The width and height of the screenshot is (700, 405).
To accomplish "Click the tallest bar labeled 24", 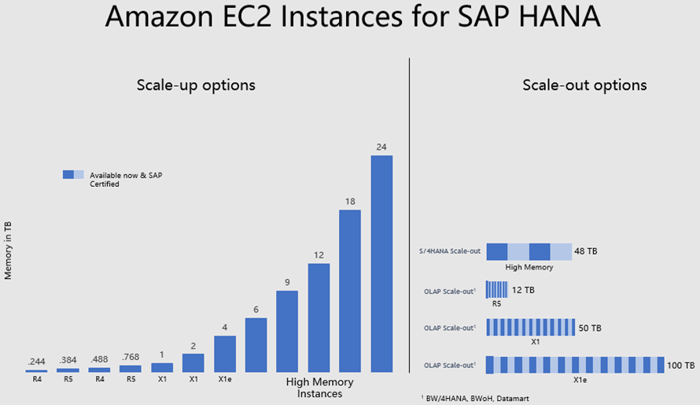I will [x=381, y=263].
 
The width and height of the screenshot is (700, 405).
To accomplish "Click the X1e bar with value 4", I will [x=225, y=353].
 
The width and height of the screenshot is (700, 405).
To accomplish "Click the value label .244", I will [x=36, y=361].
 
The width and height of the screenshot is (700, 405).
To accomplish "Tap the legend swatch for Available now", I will [x=72, y=175].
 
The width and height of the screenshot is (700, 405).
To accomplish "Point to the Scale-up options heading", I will [x=196, y=85].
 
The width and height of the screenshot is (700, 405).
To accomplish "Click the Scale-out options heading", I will [x=584, y=85].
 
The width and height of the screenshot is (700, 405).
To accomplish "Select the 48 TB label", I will [x=586, y=251].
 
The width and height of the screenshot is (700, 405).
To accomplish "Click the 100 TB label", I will [x=680, y=366].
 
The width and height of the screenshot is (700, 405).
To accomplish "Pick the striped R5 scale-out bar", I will [x=497, y=289].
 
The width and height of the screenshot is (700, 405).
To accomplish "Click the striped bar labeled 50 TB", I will [x=531, y=328].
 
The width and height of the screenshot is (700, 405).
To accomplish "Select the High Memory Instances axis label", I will [x=319, y=388].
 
